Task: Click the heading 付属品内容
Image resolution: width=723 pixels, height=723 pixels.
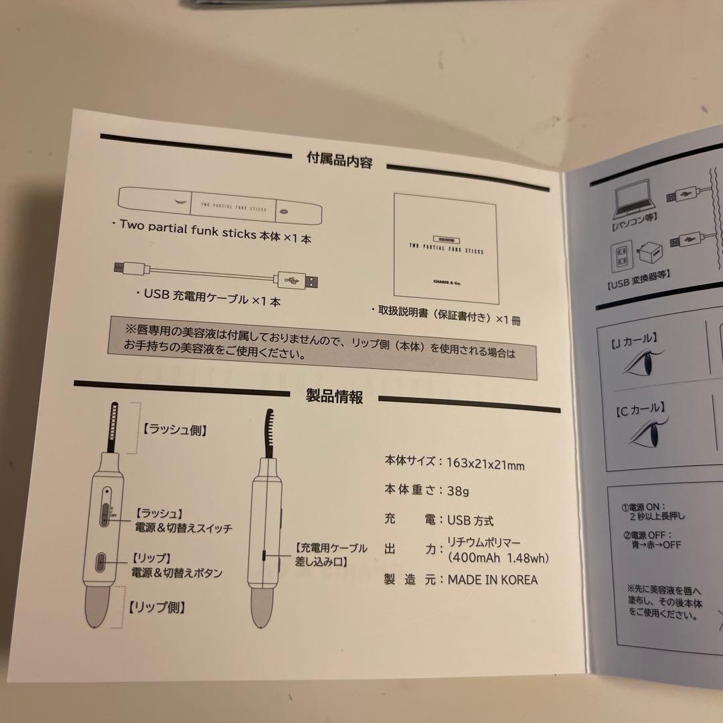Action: [x=339, y=161]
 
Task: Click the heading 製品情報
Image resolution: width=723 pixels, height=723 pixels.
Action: [x=334, y=396]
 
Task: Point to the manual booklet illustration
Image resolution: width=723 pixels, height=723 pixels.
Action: [x=447, y=247]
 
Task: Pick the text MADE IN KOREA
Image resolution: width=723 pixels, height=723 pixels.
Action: [x=492, y=580]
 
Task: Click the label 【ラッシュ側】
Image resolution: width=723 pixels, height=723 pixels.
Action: [x=174, y=430]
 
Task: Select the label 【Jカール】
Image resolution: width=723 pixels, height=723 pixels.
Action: [x=633, y=339]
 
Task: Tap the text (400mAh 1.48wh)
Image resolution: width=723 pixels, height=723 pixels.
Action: [x=498, y=558]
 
